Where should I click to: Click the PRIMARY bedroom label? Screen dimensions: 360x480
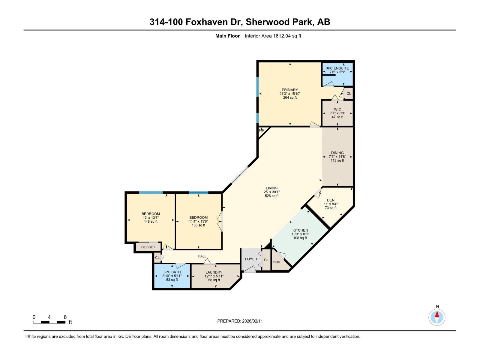(x=290, y=90)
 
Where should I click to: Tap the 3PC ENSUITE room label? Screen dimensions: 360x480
(x=337, y=68)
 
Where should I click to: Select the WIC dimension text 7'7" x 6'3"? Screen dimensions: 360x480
(x=337, y=113)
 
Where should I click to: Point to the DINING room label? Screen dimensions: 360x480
(x=337, y=153)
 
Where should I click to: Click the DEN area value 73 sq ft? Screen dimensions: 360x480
(x=331, y=208)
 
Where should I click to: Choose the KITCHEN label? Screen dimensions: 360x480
(x=300, y=230)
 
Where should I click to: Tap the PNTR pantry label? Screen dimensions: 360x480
(x=276, y=262)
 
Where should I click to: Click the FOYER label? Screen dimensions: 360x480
(x=251, y=259)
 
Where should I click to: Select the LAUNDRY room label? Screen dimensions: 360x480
(x=214, y=272)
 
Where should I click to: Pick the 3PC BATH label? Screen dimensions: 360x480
(x=172, y=272)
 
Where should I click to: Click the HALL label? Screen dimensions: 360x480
(x=202, y=256)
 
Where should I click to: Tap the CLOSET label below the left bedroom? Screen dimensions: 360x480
(x=148, y=247)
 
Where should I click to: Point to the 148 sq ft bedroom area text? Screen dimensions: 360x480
(x=151, y=222)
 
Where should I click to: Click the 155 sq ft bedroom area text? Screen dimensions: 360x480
(x=198, y=225)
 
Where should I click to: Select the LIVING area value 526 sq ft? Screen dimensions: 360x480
(x=271, y=196)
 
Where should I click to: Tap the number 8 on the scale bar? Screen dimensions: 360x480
(x=65, y=317)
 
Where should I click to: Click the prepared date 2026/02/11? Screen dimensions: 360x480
(x=252, y=321)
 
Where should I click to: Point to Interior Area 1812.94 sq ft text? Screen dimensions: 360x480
(x=273, y=36)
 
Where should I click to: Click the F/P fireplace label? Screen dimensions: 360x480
(x=262, y=130)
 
